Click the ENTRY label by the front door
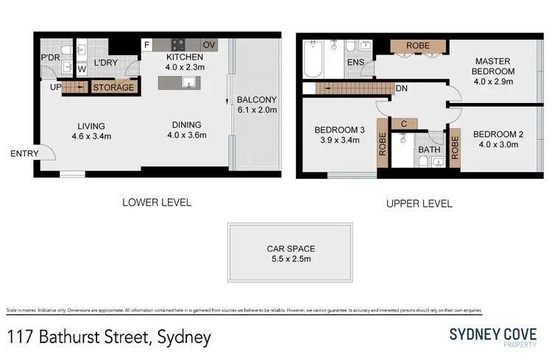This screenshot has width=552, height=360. pos(24,154)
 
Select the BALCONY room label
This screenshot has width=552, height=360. pos(256,101)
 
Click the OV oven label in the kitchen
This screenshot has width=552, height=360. pos(209,45)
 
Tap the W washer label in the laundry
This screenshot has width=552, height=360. pos(81,70)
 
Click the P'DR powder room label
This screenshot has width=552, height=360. pos(51,57)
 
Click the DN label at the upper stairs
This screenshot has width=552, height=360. pos(402,88)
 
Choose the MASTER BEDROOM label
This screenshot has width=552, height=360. pos(493,66)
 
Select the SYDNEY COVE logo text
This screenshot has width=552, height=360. pos(492,333)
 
